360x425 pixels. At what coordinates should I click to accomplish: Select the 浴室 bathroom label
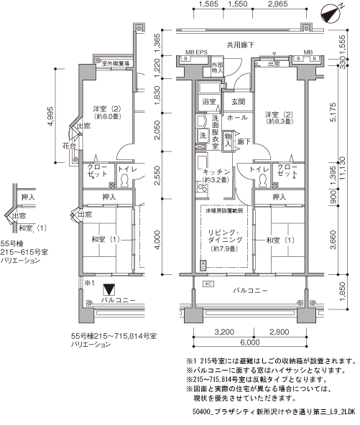click(x=209, y=102)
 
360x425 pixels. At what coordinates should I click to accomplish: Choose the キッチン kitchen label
click(x=216, y=172)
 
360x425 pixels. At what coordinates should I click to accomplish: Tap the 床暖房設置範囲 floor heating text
click(x=224, y=211)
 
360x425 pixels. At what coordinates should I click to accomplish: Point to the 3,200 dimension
click(x=224, y=333)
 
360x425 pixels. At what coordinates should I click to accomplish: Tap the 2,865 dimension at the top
click(x=274, y=5)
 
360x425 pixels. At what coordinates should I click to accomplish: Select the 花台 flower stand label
click(x=68, y=145)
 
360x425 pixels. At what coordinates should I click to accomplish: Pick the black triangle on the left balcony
click(x=109, y=290)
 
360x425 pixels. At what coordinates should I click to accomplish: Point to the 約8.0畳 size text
click(x=105, y=117)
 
